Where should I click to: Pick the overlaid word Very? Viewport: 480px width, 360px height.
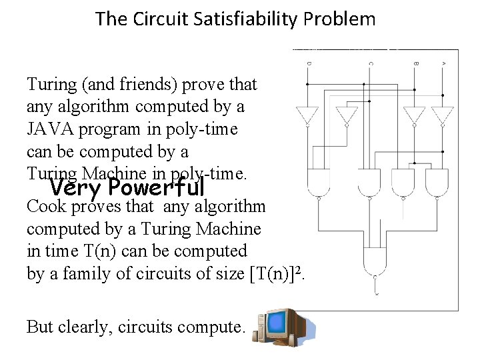(x=76, y=185)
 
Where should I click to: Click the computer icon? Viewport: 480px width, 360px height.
(x=283, y=327)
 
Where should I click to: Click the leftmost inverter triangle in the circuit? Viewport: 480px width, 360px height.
(x=309, y=115)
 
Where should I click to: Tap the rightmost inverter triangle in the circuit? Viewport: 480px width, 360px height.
(x=443, y=115)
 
